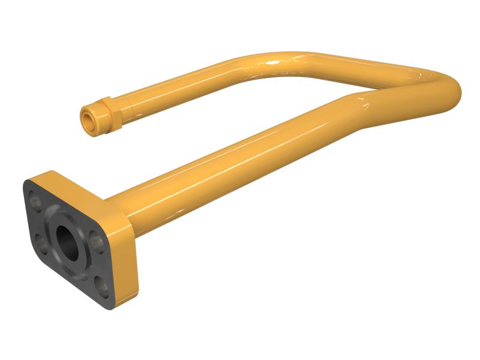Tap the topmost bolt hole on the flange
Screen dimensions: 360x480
tap(36, 201)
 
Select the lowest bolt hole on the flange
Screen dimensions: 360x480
tap(103, 287)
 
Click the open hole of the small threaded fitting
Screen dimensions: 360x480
tap(88, 119)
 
